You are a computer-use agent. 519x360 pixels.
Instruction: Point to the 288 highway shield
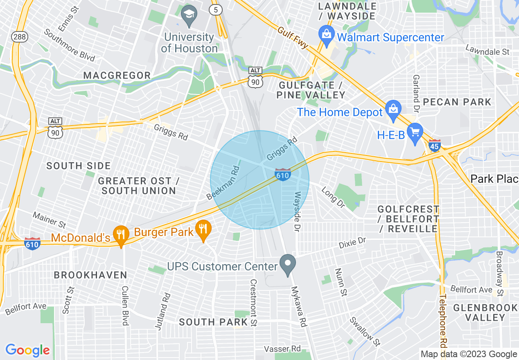19,36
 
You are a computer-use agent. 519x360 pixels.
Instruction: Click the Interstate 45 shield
435,145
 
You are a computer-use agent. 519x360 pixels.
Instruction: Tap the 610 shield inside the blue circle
283,174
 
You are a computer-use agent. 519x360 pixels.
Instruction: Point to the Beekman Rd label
223,182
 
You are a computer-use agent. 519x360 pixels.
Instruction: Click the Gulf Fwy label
293,38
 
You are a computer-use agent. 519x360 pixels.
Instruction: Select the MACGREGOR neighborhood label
117,76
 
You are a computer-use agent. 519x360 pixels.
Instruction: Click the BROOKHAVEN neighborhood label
90,275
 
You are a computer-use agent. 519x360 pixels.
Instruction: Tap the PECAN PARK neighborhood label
457,102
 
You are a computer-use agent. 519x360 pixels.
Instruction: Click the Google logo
27,350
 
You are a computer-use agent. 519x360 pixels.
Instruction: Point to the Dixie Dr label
352,243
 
